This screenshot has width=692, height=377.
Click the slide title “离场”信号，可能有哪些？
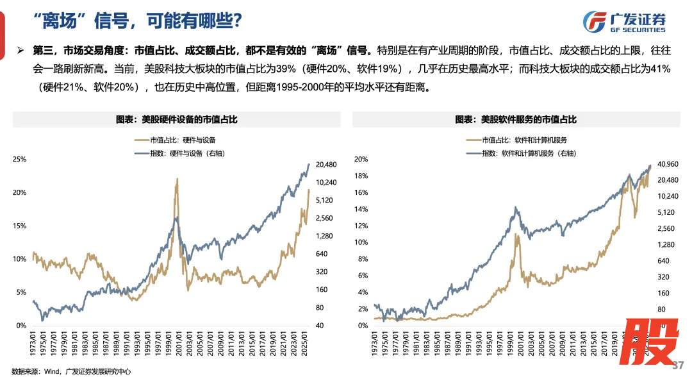pyautogui.click(x=137, y=21)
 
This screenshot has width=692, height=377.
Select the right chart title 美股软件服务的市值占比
pyautogui.click(x=516, y=119)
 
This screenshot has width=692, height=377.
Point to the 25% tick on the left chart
pyautogui.click(x=19, y=160)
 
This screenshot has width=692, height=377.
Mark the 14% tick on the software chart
pyautogui.click(x=361, y=209)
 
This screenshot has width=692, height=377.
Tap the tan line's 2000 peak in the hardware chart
pyautogui.click(x=177, y=180)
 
